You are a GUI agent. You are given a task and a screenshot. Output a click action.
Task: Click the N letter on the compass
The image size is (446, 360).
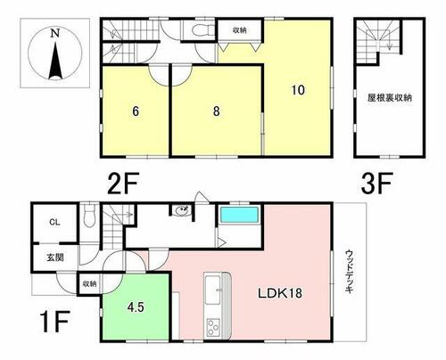[x=54, y=33]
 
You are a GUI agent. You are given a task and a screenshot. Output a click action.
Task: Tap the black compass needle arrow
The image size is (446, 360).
[x=55, y=61]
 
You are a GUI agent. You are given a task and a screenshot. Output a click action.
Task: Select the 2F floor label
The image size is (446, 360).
[x=123, y=184]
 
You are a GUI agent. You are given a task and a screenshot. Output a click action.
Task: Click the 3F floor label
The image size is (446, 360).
[x=376, y=184]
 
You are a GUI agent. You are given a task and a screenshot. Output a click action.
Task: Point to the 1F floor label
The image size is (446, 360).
[x=55, y=321]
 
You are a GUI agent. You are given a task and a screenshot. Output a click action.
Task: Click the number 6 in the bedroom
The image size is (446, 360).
[x=136, y=111]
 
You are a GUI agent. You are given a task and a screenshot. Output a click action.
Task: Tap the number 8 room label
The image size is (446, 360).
[x=217, y=111]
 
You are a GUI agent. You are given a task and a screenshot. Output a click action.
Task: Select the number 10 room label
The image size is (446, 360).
[x=298, y=90]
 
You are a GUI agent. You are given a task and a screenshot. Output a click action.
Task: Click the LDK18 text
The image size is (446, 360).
[x=280, y=293]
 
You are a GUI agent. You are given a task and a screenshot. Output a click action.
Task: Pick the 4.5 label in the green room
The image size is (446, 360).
[x=136, y=307]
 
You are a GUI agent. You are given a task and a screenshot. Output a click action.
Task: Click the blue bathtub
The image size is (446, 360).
[x=239, y=215]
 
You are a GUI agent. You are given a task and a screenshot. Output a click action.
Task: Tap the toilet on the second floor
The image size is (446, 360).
[x=203, y=30]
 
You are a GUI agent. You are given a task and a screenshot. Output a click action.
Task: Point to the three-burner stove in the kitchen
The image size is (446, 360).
[x=213, y=328]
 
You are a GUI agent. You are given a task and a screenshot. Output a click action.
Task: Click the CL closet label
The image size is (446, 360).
[x=54, y=222]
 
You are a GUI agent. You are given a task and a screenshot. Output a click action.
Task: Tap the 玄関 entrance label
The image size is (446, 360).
[x=55, y=258]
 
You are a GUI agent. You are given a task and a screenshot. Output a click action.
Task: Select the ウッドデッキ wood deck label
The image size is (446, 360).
[x=350, y=272]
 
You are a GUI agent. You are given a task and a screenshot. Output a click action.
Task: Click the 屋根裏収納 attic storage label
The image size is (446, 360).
[x=390, y=98]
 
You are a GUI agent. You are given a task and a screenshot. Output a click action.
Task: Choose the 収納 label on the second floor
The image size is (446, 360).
[x=240, y=30]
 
